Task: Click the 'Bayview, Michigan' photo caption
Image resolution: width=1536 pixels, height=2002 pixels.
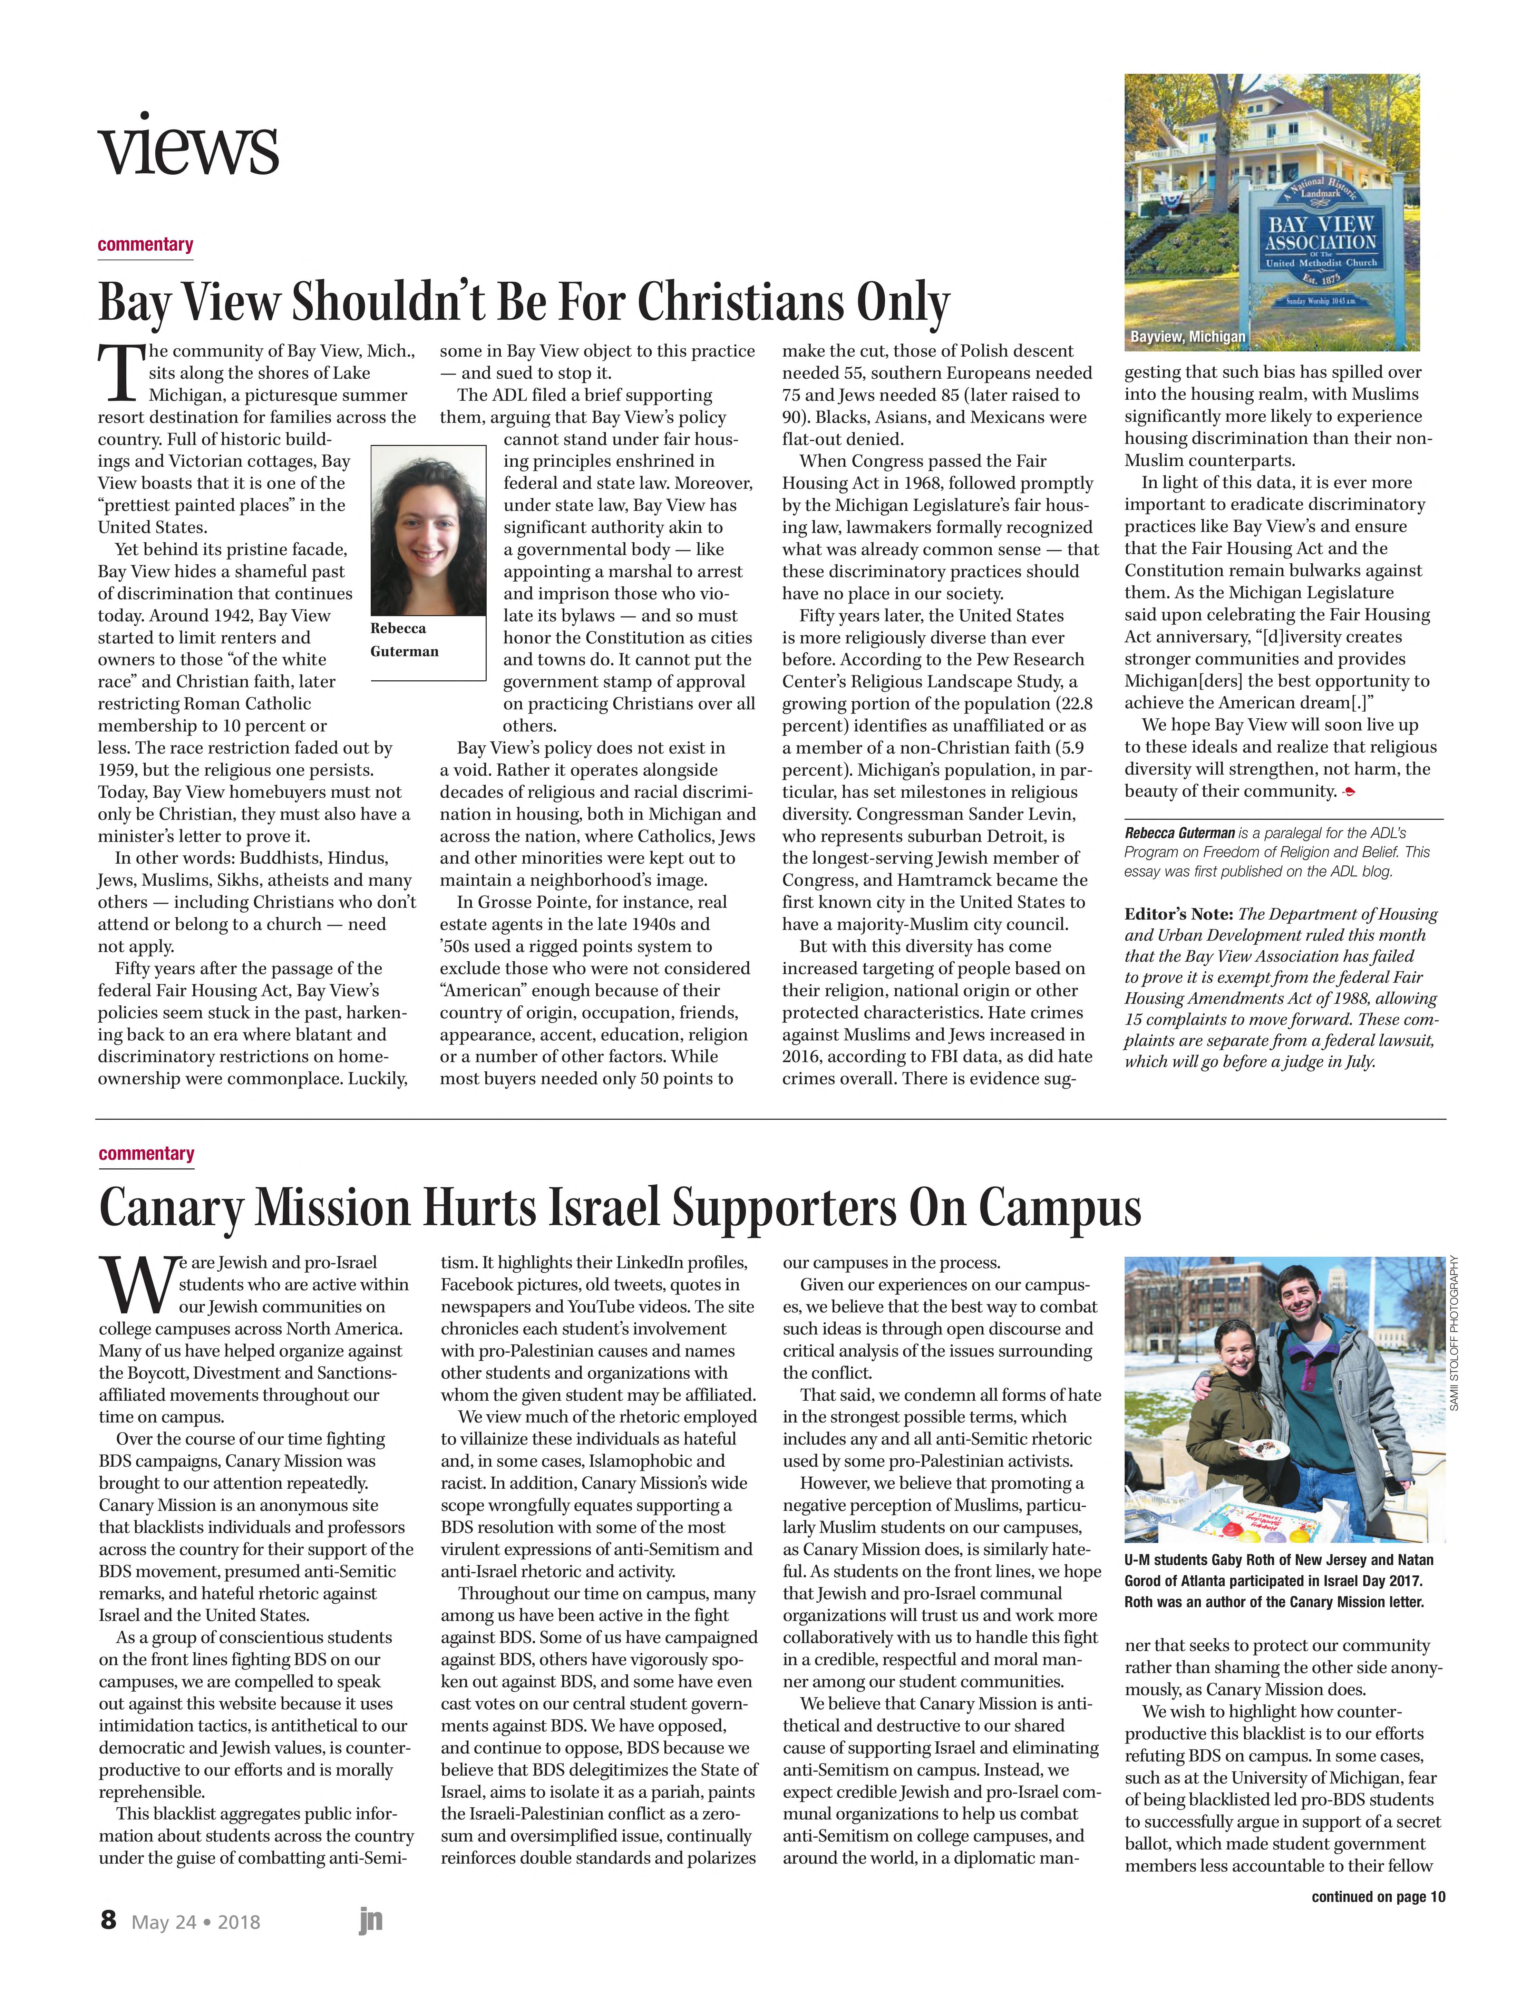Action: (x=1188, y=337)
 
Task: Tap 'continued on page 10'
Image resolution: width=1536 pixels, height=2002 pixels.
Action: (x=1378, y=1897)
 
